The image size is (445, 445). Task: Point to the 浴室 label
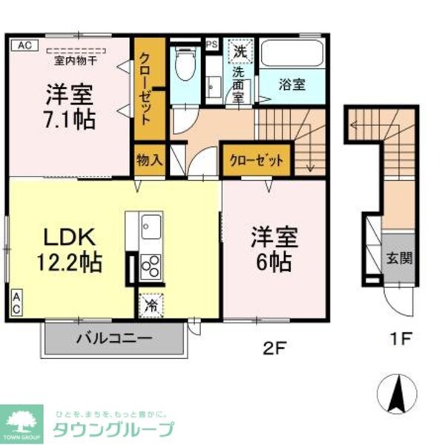coord(292,84)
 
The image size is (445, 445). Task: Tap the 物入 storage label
coord(149,159)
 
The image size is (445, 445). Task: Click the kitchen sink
coord(151,222)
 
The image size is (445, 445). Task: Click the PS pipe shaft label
coord(212,43)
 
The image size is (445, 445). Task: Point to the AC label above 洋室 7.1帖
coord(24,44)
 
